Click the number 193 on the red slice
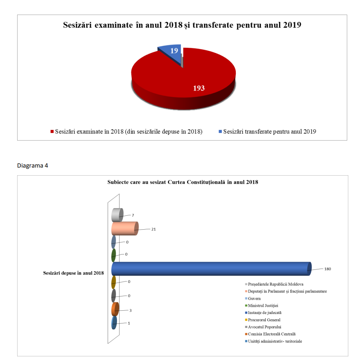point(199,88)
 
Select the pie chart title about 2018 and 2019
point(182,25)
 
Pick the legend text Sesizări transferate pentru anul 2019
point(269,131)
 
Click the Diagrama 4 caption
point(33,165)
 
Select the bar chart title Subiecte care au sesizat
point(182,182)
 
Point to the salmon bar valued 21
point(124,229)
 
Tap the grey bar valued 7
point(116,215)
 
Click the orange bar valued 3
point(115,310)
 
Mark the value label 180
point(327,269)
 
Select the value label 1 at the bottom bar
point(129,323)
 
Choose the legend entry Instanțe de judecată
point(264,313)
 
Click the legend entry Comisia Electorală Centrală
point(271,334)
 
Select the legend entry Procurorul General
point(264,320)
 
